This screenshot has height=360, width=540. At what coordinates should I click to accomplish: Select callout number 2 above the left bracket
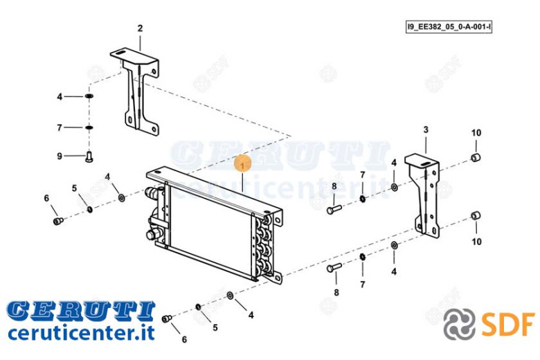point(140,28)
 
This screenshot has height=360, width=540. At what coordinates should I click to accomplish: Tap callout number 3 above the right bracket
point(426,130)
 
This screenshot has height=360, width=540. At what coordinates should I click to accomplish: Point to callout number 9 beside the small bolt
point(60,156)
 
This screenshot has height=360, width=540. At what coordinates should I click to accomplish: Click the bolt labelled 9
point(89,157)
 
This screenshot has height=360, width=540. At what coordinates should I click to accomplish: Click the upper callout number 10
point(476,133)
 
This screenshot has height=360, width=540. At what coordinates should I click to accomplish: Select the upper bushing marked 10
point(476,158)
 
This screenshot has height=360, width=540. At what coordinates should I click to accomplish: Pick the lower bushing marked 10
point(476,216)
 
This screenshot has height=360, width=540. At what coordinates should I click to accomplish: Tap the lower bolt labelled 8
point(334,267)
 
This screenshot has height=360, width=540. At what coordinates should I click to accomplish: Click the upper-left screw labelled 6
point(58,221)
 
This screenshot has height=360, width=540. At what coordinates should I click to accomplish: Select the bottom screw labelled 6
point(167,318)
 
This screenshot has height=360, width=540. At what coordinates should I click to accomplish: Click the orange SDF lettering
point(508,323)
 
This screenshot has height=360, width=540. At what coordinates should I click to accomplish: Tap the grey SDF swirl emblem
point(460,324)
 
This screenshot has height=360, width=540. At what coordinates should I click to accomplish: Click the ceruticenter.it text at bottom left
point(81,333)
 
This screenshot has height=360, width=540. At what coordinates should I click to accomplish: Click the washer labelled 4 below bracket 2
point(89,96)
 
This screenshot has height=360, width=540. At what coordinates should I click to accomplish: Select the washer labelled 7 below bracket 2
point(89,127)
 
